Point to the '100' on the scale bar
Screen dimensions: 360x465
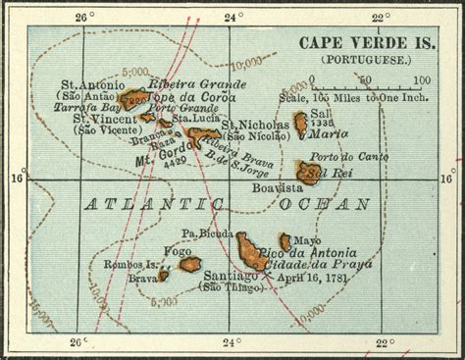(x=422, y=81)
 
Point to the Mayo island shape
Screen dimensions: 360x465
(x=285, y=240)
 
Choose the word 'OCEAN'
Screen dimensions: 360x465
(x=323, y=204)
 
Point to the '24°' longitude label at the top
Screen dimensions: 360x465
(x=231, y=18)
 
